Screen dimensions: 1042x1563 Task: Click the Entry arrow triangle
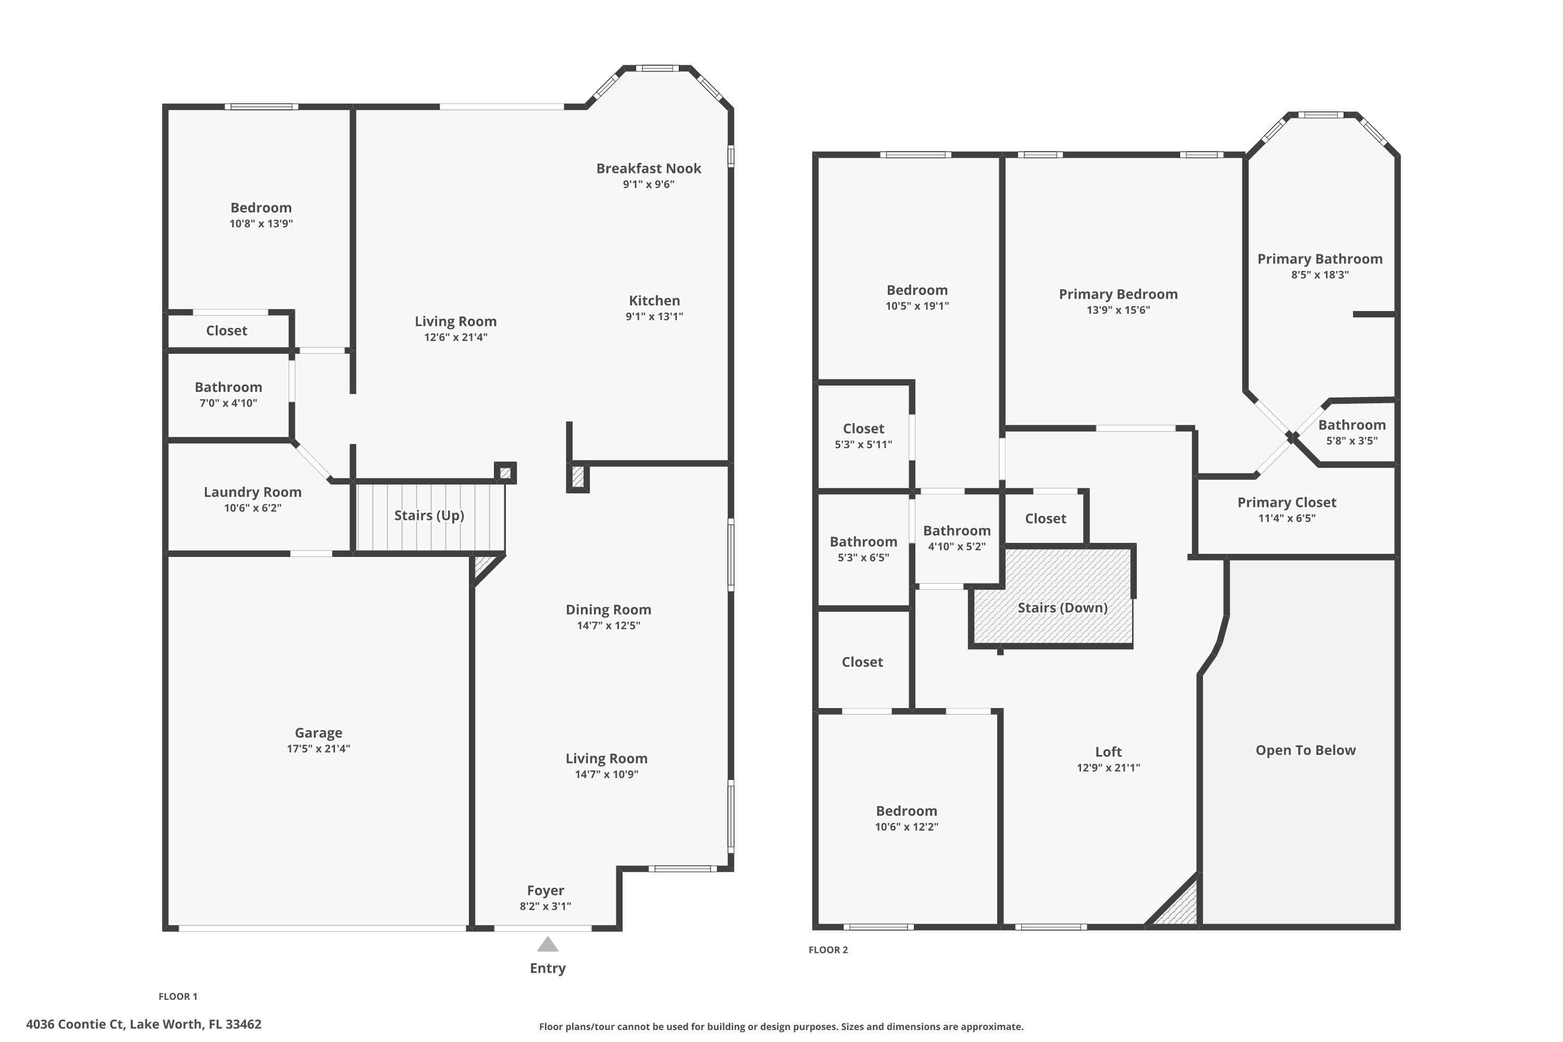pos(547,944)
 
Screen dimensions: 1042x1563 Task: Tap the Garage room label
pos(318,733)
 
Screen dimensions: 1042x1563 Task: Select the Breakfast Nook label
pos(648,168)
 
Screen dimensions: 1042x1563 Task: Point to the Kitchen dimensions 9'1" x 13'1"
pos(654,316)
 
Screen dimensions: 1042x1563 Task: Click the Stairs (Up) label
pos(429,515)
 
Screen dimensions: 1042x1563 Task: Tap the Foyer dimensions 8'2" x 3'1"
pos(545,906)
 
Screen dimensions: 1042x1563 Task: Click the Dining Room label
pos(608,610)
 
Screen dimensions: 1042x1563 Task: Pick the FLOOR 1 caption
pos(178,996)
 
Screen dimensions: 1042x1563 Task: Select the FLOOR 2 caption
pos(828,950)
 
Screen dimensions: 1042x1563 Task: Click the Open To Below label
pos(1305,750)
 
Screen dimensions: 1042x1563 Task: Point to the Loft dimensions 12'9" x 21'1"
pos(1108,767)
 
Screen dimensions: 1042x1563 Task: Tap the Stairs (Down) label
pos(1062,607)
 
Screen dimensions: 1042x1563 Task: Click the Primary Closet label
pos(1286,502)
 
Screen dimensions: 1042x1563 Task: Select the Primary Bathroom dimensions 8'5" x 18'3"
pos(1319,275)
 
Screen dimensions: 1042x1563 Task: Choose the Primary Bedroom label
pos(1118,294)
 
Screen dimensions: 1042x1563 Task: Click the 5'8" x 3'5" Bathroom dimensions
pos(1351,441)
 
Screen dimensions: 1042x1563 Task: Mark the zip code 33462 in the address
pos(243,1024)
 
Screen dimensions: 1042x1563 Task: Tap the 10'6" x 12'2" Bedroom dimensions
pos(906,827)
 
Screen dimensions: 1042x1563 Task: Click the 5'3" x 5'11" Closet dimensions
pos(863,444)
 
